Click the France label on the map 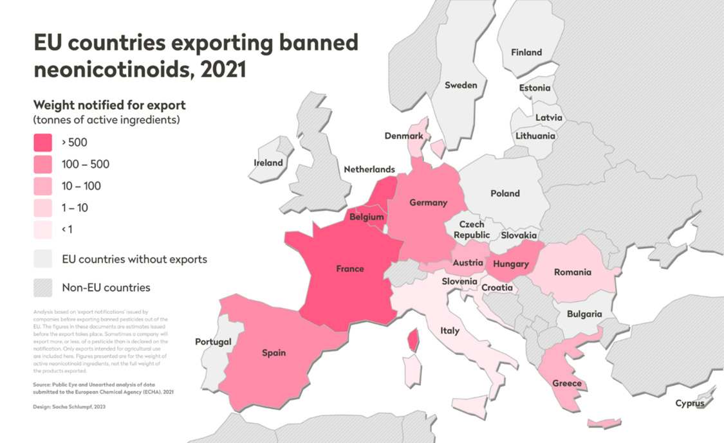(x=349, y=269)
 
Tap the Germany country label (x=428, y=203)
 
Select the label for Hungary (x=510, y=264)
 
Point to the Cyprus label (x=689, y=403)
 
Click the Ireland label (x=268, y=163)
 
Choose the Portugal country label (x=213, y=341)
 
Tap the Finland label (x=526, y=53)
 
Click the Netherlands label (x=369, y=169)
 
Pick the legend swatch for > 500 (x=42, y=143)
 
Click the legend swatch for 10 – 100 (x=42, y=186)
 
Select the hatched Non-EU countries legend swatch (x=42, y=287)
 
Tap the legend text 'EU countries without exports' (x=134, y=260)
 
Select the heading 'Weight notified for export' (x=109, y=105)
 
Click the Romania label (x=572, y=272)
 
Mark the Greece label (x=566, y=383)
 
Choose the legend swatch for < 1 (x=42, y=230)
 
